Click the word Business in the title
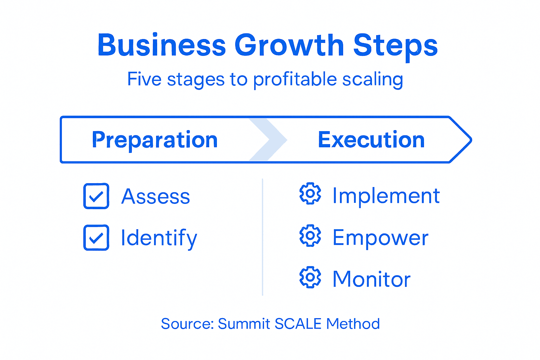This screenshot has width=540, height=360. coord(161,45)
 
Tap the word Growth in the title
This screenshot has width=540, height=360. coord(289,45)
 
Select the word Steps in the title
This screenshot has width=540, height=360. coord(395,45)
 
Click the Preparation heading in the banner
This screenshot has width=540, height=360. coord(155,140)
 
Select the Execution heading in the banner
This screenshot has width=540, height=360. coord(371,140)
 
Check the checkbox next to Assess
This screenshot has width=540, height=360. coord(96,196)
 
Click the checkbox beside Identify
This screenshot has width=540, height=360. coord(96,238)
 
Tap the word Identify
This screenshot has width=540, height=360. coord(159,238)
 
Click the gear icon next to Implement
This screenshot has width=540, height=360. coord(310,193)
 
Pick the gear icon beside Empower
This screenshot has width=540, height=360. coord(310,236)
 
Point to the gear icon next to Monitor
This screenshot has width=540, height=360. coord(310,277)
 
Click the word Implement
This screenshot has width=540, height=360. coord(386,195)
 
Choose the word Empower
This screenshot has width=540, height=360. coord(380,238)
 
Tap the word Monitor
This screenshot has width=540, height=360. coord(371,279)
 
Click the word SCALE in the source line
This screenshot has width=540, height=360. coord(298,324)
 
